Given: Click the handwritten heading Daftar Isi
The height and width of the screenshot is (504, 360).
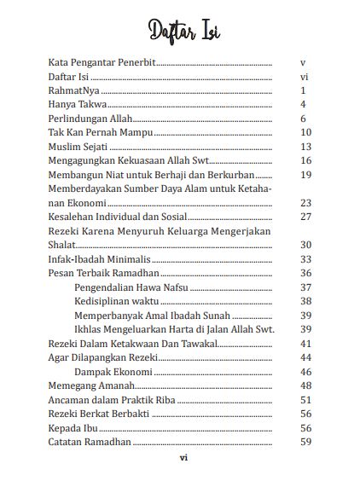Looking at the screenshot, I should (x=179, y=29).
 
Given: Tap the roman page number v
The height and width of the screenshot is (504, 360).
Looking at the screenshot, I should (x=304, y=63).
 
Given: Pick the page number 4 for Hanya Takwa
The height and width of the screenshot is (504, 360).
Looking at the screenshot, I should (x=304, y=104).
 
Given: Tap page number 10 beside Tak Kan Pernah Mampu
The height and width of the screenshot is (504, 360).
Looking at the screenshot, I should (x=306, y=132).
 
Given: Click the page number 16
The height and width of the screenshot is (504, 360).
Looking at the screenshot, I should (x=306, y=160).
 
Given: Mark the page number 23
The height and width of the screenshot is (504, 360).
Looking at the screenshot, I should (x=306, y=203).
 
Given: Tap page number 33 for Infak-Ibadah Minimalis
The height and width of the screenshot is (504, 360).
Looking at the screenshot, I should (x=306, y=259).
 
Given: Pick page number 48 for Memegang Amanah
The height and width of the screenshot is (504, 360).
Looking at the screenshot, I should (x=306, y=385).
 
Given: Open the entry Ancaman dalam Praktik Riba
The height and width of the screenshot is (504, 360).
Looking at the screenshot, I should (x=111, y=400).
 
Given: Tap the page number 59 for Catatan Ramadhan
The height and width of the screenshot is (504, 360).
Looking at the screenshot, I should (x=306, y=442).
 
